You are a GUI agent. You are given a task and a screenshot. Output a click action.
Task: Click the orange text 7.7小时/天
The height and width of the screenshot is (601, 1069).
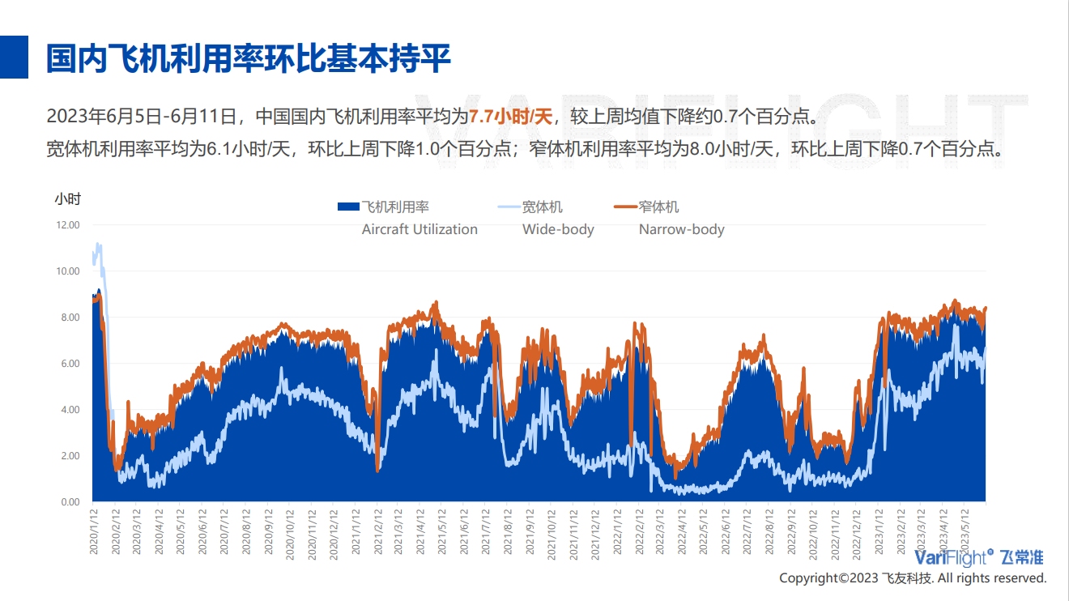tap(510, 116)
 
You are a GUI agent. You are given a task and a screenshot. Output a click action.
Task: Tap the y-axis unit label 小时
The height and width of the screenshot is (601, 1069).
tap(67, 198)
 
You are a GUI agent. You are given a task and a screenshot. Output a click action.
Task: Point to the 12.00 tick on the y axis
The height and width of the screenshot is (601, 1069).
tap(67, 224)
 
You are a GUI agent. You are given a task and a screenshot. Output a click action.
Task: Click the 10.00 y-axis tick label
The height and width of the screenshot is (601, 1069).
tap(67, 271)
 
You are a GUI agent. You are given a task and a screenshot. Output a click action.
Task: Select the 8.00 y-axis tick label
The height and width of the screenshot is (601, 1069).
tap(69, 317)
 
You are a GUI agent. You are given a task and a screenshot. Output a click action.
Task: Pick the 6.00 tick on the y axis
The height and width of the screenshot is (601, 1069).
tap(69, 363)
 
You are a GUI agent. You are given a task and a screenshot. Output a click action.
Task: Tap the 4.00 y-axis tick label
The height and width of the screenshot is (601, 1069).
tap(69, 409)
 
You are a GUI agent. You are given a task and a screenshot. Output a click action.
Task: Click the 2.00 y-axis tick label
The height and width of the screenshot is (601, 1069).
tap(69, 455)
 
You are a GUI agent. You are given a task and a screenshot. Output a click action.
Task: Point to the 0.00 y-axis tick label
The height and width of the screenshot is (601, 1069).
tap(69, 501)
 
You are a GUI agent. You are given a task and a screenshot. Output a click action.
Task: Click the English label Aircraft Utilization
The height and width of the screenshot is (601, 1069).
tap(420, 229)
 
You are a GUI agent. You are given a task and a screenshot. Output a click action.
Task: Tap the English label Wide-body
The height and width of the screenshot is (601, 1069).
tap(558, 229)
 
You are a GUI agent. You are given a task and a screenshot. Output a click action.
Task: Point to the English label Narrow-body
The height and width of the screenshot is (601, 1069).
tap(681, 229)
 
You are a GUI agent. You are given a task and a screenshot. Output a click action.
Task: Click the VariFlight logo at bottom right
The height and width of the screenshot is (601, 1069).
tap(978, 557)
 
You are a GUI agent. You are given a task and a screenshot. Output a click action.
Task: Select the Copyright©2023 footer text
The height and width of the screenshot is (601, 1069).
tap(913, 578)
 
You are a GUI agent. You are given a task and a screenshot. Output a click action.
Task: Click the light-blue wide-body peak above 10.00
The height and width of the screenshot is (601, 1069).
tap(98, 245)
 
